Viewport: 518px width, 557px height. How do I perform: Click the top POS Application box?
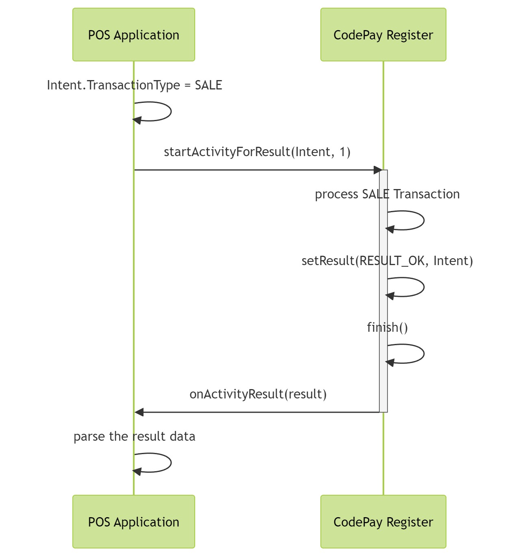pyautogui.click(x=133, y=35)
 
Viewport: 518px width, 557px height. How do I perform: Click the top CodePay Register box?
pyautogui.click(x=383, y=35)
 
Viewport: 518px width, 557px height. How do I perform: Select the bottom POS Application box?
pyautogui.click(x=133, y=522)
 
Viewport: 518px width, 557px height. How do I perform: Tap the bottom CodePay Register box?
pyautogui.click(x=383, y=522)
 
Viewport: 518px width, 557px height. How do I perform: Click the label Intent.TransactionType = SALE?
pyautogui.click(x=134, y=85)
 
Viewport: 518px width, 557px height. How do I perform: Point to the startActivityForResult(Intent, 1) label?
pyautogui.click(x=257, y=152)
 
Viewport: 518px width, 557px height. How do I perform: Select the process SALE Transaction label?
pyautogui.click(x=387, y=194)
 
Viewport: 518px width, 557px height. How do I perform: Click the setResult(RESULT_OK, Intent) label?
pyautogui.click(x=387, y=261)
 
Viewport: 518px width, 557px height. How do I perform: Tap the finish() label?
pyautogui.click(x=387, y=328)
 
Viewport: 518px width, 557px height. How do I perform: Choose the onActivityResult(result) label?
pyautogui.click(x=258, y=394)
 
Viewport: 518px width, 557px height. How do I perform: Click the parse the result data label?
pyautogui.click(x=134, y=437)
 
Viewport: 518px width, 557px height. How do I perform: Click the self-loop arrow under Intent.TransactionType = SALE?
pyautogui.click(x=170, y=111)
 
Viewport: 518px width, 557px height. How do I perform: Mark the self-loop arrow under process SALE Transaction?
pyautogui.click(x=423, y=220)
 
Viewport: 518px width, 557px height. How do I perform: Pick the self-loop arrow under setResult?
pyautogui.click(x=423, y=287)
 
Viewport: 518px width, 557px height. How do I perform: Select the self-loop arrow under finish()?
pyautogui.click(x=423, y=354)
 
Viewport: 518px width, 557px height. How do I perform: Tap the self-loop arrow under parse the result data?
pyautogui.click(x=170, y=463)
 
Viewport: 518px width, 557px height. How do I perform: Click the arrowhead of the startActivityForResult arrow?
pyautogui.click(x=378, y=170)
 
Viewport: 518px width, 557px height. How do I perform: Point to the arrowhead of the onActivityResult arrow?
pyautogui.click(x=139, y=412)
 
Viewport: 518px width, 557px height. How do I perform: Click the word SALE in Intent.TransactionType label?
pyautogui.click(x=208, y=85)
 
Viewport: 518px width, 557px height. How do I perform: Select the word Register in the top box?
pyautogui.click(x=409, y=35)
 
